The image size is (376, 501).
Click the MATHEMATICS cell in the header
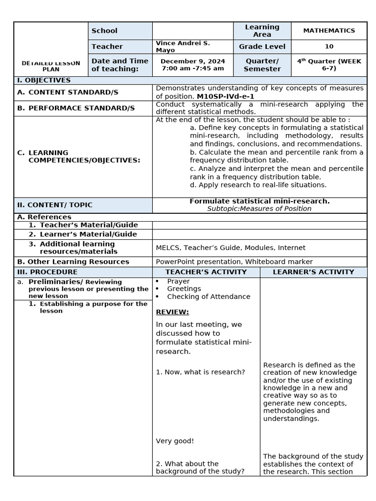[329, 30]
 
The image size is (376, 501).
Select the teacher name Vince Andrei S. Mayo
[182, 46]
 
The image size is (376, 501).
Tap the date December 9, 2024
[192, 61]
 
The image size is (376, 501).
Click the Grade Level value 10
[329, 46]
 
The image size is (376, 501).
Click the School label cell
[104, 30]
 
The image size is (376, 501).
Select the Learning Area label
[262, 30]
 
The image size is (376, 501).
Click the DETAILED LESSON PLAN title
[51, 66]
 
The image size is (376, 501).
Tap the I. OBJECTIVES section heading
[44, 80]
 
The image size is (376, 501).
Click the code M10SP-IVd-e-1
[225, 96]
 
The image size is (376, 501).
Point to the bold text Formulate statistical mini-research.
[259, 201]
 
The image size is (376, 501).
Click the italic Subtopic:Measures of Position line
[259, 208]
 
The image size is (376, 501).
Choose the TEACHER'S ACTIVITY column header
[206, 272]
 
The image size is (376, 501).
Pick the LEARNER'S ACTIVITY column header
[313, 272]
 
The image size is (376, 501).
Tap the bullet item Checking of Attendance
[209, 296]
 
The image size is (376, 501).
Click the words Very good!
[175, 441]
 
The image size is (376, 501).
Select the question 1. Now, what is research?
[200, 372]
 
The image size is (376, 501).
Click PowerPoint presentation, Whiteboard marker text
[234, 262]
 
